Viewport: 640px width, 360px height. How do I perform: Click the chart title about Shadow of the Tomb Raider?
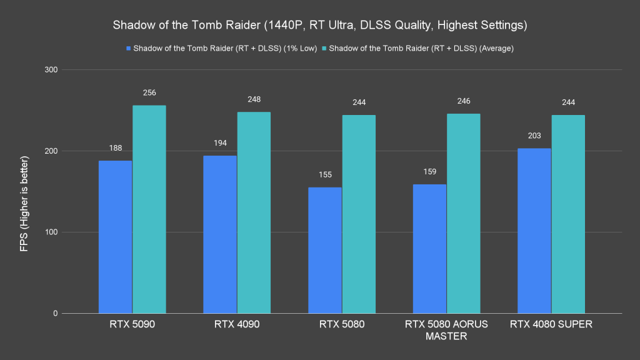(319, 26)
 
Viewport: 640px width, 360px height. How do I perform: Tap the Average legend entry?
(421, 48)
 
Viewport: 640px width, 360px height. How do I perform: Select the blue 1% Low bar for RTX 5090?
(116, 237)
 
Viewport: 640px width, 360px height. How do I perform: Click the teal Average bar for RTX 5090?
(149, 209)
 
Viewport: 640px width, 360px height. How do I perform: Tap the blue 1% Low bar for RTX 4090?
(220, 234)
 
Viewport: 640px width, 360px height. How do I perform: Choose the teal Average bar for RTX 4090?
(253, 212)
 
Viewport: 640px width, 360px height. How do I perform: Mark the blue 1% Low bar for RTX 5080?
(325, 250)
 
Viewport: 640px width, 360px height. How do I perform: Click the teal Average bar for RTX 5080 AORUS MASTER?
(463, 213)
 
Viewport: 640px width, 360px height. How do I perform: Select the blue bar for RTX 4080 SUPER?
(534, 231)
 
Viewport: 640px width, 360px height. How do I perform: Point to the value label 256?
(149, 92)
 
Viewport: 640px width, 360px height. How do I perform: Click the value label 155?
(325, 175)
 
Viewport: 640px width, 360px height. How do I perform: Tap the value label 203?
(534, 136)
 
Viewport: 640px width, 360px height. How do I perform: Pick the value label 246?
(463, 101)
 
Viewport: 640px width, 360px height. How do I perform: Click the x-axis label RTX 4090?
(237, 324)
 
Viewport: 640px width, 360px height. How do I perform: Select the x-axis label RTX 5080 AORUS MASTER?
(446, 330)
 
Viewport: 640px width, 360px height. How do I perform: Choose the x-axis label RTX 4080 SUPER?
(551, 324)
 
